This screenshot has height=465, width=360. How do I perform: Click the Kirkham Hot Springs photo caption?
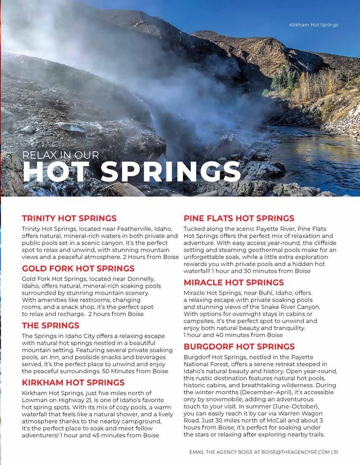(x=313, y=25)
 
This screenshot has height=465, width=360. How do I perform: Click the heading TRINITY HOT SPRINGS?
(x=69, y=218)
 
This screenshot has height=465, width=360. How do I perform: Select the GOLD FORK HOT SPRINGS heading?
(x=78, y=268)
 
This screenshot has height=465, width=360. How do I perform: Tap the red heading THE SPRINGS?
(x=50, y=326)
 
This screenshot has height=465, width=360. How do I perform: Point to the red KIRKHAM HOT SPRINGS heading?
(x=73, y=382)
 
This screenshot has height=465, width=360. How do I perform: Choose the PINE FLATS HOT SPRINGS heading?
(x=239, y=218)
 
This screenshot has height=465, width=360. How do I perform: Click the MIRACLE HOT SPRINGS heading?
(x=234, y=282)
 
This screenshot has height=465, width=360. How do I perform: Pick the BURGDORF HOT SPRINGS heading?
(x=239, y=347)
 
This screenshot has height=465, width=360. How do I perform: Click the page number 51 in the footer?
(x=336, y=452)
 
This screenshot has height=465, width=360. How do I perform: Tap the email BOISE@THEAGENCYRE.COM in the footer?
(x=296, y=452)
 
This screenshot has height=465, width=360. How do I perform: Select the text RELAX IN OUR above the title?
(x=61, y=155)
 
